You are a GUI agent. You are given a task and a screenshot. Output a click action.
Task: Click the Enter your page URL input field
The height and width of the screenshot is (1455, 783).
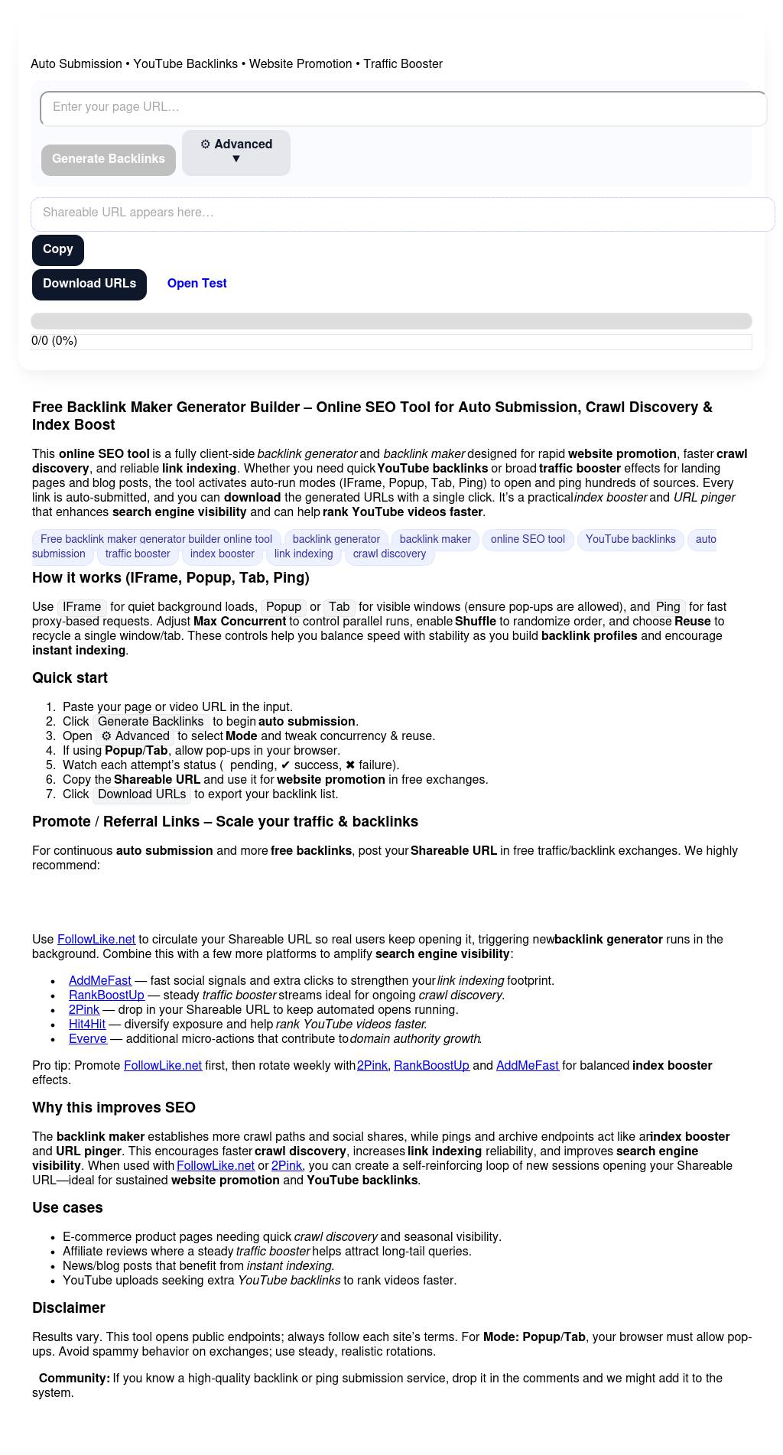(403, 108)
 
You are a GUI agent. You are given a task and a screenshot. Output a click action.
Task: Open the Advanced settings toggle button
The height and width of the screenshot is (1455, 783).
(236, 152)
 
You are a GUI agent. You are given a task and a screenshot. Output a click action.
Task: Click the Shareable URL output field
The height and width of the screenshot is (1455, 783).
(402, 213)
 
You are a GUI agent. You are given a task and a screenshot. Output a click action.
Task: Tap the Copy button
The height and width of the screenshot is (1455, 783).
(58, 250)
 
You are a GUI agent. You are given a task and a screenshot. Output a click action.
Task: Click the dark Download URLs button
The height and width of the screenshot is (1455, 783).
(89, 284)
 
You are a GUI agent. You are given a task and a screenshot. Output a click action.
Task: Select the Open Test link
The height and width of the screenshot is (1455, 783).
(197, 284)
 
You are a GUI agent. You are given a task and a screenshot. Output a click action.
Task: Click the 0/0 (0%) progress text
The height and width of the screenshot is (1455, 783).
(54, 341)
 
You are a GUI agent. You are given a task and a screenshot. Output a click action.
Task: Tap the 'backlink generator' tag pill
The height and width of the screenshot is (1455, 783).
(336, 540)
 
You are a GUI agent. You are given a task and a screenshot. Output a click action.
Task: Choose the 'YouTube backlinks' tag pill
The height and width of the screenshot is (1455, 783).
(630, 540)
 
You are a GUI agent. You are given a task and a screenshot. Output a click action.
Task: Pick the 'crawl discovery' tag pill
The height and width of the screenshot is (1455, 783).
(389, 554)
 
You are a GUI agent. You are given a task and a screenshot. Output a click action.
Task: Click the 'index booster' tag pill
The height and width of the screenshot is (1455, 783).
(222, 554)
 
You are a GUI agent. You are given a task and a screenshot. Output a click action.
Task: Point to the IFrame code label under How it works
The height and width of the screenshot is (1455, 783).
(82, 607)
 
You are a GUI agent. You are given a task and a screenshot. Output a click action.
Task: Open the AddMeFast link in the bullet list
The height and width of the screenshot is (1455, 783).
(100, 981)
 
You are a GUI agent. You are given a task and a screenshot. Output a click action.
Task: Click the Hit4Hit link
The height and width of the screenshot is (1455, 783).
(87, 1025)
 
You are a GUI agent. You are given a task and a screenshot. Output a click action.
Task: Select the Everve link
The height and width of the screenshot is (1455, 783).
(88, 1039)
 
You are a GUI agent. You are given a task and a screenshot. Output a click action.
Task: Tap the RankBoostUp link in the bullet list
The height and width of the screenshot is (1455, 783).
(106, 995)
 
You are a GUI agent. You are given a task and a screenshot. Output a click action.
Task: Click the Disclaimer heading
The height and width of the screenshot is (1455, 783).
(69, 1308)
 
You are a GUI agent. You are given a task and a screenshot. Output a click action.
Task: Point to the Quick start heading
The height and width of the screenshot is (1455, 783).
(70, 678)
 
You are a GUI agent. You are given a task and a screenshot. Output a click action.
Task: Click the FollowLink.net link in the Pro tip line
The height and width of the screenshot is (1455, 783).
(163, 1066)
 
